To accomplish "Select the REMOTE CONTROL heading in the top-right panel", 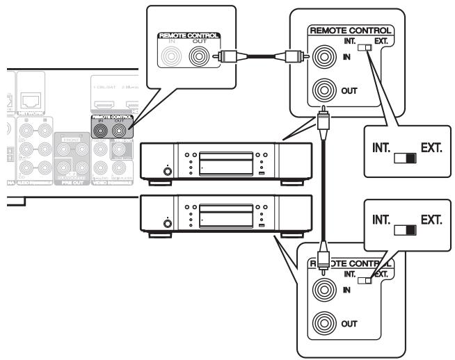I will tap(351, 31).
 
